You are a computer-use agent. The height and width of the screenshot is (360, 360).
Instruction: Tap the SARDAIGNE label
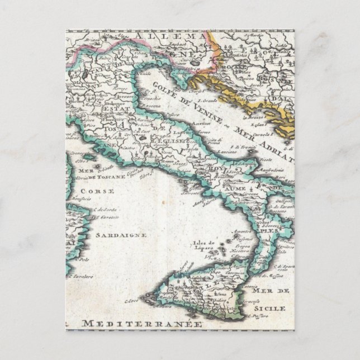click(x=120, y=235)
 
